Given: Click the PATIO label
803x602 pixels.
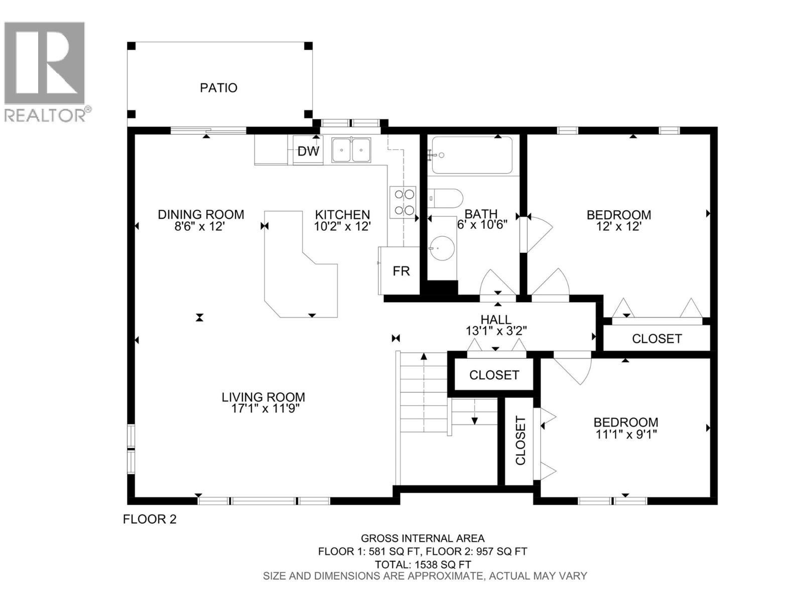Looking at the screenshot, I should coord(218,88).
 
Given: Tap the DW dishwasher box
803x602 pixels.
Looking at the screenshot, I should coord(308,151).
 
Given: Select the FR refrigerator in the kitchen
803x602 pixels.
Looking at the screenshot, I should coord(400,271).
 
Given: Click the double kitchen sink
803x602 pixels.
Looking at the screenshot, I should coord(351,149).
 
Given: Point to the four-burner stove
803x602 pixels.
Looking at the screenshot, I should coord(403,202).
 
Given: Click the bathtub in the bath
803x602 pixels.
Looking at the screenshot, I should coord(472,155).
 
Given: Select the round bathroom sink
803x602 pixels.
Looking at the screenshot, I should coord(442,247).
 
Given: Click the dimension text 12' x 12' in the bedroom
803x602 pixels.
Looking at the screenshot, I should coord(618,226).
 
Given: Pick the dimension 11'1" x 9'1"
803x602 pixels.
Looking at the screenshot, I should coord(626,434).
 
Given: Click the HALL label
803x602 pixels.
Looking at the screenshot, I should coord(496,320).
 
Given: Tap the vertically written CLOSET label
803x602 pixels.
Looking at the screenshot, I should coord(520,441).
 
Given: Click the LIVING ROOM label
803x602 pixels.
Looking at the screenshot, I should coord(263,397).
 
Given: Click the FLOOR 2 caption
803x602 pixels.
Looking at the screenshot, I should coord(150,519).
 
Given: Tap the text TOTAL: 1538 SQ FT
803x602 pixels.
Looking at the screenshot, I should coord(423,564).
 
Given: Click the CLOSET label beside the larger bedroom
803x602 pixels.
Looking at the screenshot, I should coord(656,339).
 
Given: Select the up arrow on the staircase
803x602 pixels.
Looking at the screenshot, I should coord(424,357).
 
